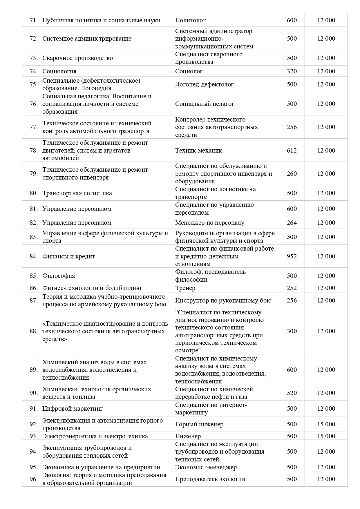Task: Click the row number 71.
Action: point(34,20)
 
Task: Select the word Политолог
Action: point(190,20)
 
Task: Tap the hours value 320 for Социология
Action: point(292,71)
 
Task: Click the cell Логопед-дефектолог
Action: point(204,84)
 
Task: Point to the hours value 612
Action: point(292,151)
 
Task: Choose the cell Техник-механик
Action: point(198,151)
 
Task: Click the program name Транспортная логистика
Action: point(77,193)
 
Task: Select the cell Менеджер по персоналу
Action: point(209,223)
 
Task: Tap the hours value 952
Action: point(292,256)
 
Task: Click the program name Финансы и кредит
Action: point(69,256)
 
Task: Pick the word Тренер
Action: point(185,288)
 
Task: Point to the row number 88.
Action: point(34,331)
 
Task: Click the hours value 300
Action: point(292,331)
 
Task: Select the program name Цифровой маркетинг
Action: point(73,409)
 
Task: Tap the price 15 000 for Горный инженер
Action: point(326,424)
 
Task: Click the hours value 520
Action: point(292,393)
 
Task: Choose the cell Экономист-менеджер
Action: point(206,467)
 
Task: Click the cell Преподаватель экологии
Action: point(210,479)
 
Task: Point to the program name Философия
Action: point(59,276)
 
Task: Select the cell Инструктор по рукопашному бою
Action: point(223,300)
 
